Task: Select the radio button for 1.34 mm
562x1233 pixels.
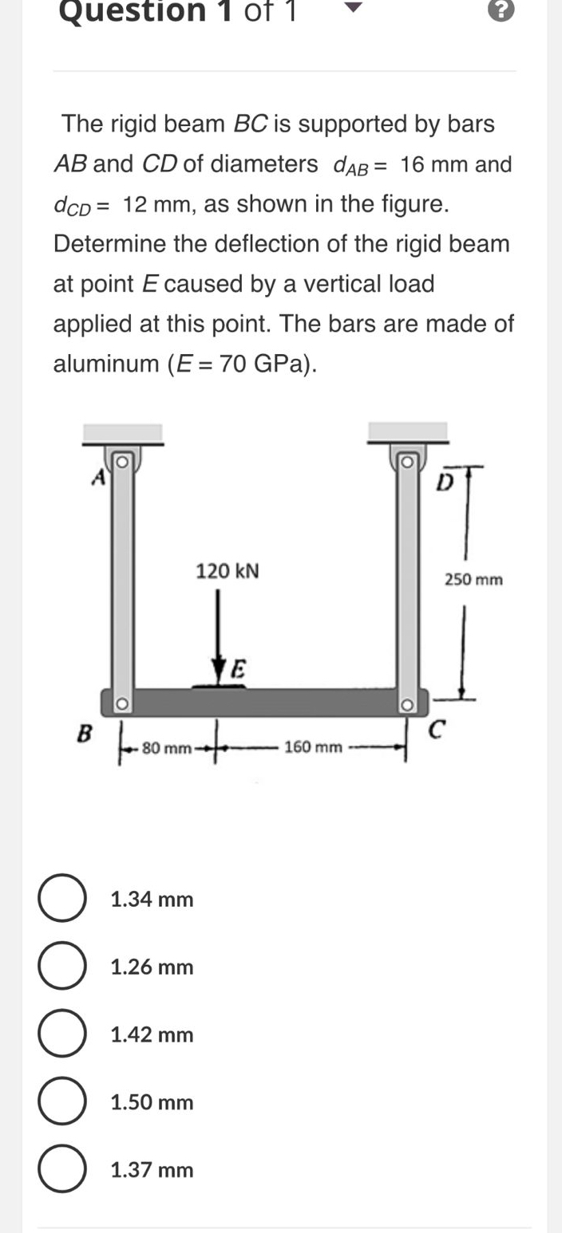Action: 62,899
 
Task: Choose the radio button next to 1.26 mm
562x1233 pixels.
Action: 62,967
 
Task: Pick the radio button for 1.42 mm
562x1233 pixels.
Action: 62,1034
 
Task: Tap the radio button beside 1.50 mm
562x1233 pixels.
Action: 62,1102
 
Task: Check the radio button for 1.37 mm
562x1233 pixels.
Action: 62,1170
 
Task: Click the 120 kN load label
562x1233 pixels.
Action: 228,572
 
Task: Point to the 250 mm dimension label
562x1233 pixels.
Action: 473,580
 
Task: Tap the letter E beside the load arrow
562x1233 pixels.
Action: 239,668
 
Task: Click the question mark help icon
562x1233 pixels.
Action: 501,11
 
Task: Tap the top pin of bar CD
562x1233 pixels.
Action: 405,462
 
